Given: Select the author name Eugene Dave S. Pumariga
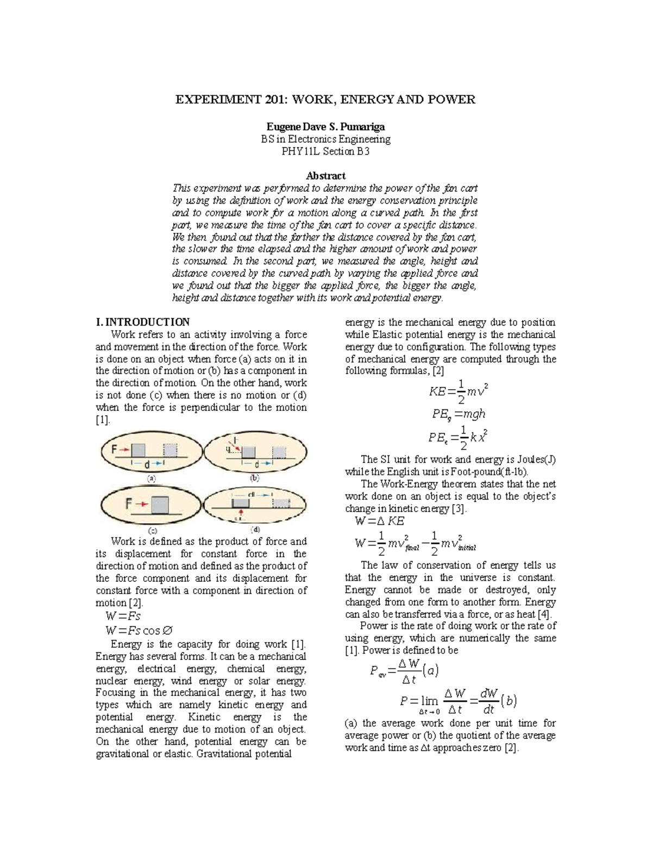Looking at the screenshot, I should [x=325, y=127].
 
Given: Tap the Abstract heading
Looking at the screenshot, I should [x=325, y=176].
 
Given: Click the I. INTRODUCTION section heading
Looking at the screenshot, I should [x=142, y=322].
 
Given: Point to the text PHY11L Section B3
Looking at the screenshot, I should [x=325, y=151].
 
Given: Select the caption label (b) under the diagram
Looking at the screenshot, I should [x=254, y=478].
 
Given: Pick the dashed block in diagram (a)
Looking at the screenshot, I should [x=171, y=451].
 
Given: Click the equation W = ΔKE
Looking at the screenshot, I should [x=379, y=522].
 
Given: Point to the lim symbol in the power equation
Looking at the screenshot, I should [x=429, y=701].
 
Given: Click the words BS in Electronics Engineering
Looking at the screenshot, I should [x=325, y=139].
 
